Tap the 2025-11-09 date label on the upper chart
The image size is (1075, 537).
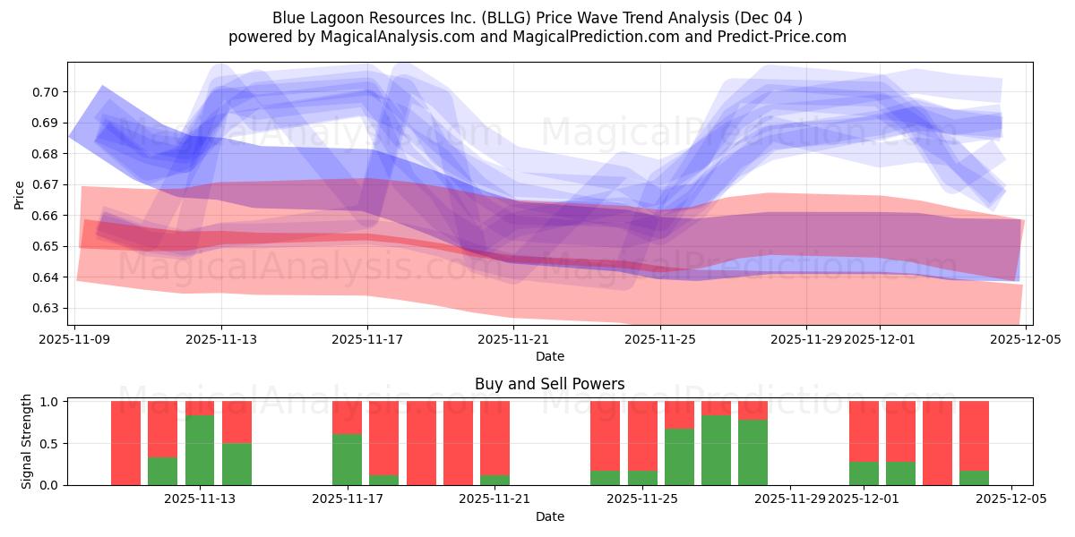point(76,339)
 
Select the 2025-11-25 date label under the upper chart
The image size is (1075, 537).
point(660,339)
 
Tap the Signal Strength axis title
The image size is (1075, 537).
point(27,441)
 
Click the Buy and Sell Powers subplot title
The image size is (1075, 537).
point(549,384)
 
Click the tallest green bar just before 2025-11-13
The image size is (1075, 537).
point(200,450)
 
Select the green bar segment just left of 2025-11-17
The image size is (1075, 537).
point(347,459)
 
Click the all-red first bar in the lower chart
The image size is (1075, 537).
point(125,443)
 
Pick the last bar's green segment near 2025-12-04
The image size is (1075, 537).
point(974,478)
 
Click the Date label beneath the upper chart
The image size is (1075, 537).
point(549,356)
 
